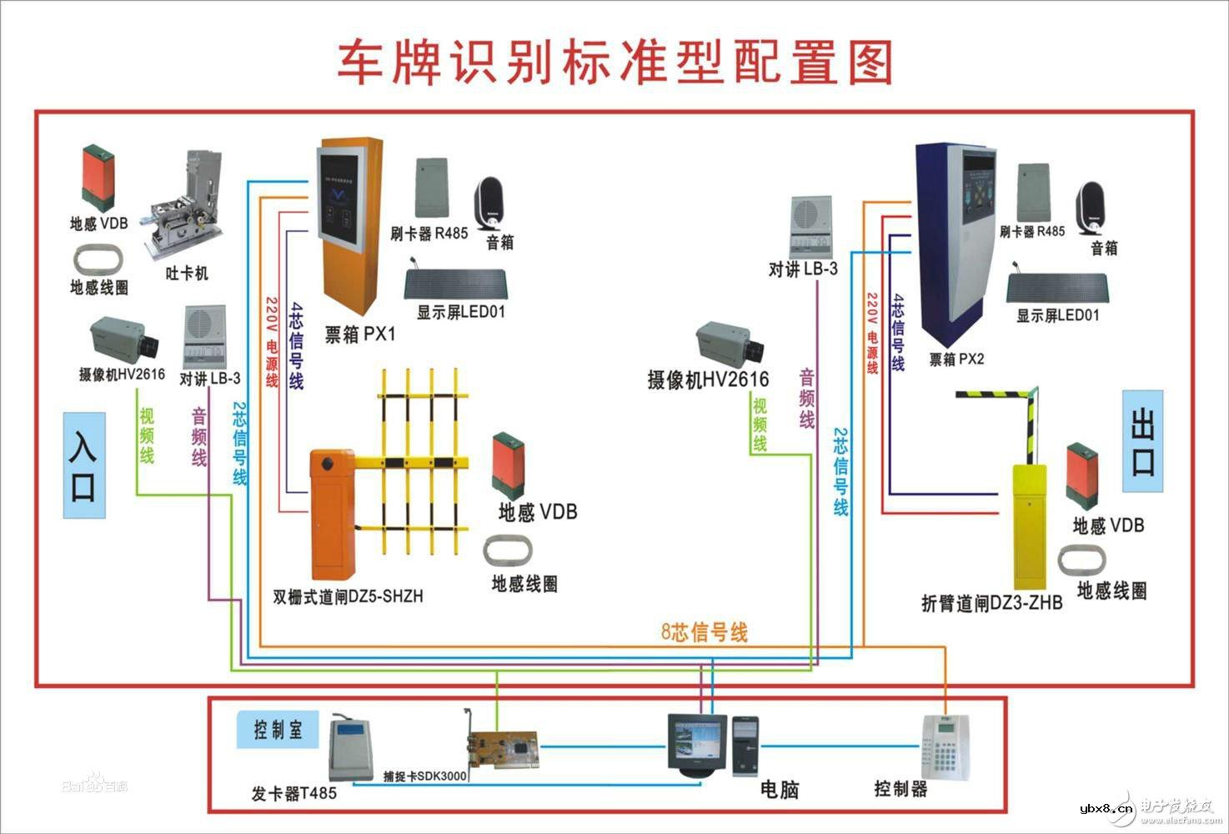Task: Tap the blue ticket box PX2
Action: [955, 242]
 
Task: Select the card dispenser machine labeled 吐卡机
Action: [186, 204]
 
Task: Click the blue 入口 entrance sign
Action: [84, 465]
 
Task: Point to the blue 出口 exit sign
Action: [1142, 441]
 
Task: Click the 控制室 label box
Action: [278, 730]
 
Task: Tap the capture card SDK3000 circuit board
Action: [500, 745]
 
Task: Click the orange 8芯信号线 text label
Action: [705, 632]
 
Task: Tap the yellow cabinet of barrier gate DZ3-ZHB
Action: [1030, 525]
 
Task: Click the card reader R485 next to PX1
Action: [432, 188]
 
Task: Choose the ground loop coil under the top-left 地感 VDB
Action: [98, 259]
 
